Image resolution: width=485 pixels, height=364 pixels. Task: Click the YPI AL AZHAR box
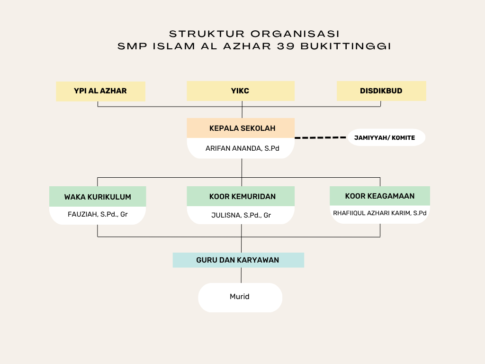coord(100,91)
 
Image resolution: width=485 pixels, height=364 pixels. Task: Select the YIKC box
coord(241,91)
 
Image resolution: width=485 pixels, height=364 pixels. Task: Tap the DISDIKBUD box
coord(381,91)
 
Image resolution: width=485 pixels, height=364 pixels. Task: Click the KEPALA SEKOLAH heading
coord(242,128)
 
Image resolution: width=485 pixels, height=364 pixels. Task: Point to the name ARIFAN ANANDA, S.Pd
coord(242,148)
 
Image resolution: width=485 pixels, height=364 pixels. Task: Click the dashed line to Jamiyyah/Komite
coord(321,137)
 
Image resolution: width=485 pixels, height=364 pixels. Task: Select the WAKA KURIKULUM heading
coord(98,197)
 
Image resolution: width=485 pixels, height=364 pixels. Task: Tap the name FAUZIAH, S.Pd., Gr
coord(98,215)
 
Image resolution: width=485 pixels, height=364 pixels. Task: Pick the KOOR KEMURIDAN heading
coord(242,196)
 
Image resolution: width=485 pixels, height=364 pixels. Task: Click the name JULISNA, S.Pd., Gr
coord(241,215)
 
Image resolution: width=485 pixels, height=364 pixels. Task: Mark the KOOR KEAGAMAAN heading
coord(380,196)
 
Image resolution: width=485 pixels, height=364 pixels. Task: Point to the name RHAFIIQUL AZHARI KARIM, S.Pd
coord(380,213)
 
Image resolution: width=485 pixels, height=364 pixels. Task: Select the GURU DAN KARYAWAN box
coord(238,260)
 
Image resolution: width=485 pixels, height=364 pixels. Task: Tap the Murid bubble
coord(240,297)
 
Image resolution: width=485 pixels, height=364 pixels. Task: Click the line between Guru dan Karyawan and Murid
coord(242,275)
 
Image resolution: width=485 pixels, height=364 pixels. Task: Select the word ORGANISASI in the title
coord(296,34)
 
